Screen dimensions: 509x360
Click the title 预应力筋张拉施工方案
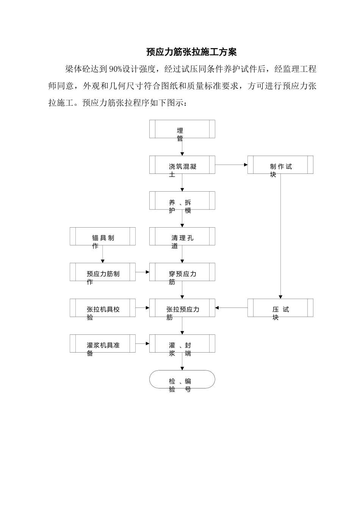191,52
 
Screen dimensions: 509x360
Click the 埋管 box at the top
182,129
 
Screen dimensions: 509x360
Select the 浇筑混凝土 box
182,165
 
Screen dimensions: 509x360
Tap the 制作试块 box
280,165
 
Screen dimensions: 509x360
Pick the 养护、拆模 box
182,200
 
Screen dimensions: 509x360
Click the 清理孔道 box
182,236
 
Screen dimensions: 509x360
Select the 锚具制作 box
103,236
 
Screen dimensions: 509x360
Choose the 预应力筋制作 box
103,272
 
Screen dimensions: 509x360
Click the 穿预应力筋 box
182,272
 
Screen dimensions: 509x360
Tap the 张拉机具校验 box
103,308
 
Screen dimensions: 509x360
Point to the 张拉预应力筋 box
182,308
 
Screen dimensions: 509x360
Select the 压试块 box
280,308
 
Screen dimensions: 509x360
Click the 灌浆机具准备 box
103,343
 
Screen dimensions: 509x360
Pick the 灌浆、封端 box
182,343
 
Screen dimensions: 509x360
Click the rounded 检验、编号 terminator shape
182,379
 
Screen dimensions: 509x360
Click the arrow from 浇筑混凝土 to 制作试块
231,165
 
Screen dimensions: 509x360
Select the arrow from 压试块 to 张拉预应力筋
231,308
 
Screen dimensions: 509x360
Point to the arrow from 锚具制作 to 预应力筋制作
103,254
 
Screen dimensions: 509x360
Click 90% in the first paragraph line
115,69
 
